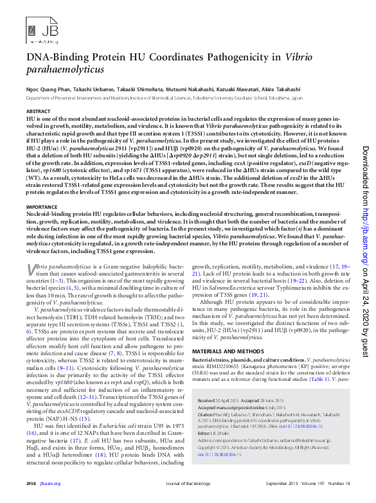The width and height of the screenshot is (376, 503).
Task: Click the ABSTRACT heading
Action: [x=37, y=111]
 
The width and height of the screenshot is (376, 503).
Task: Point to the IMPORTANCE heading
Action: [x=42, y=207]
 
